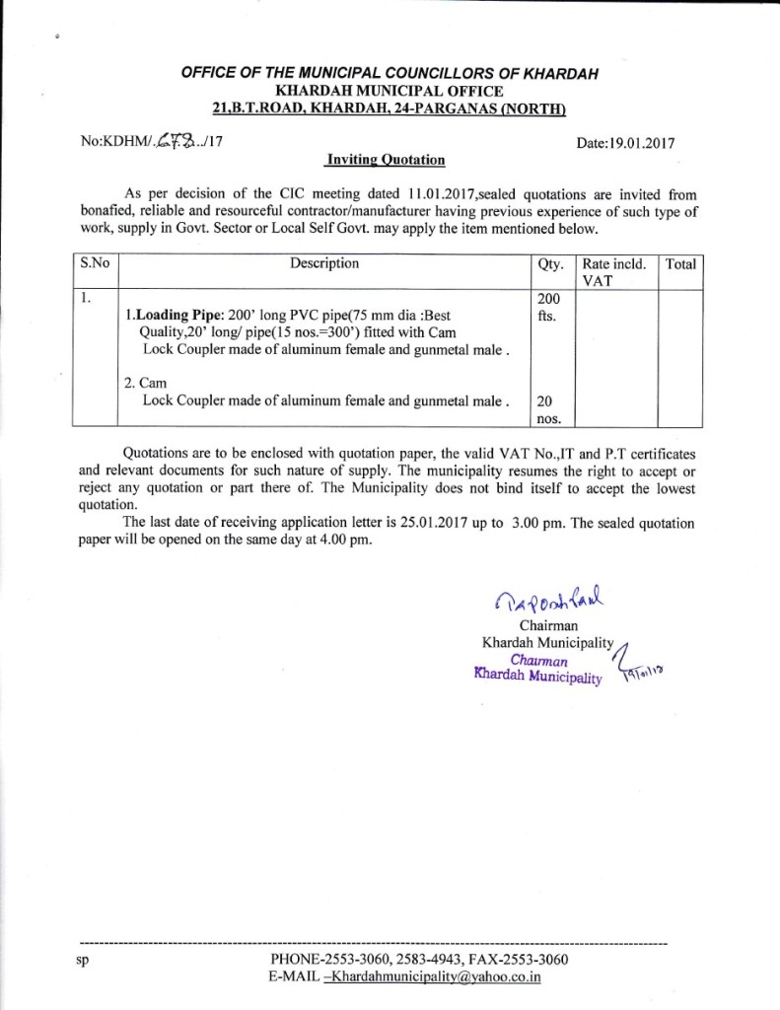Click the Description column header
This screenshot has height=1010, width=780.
tap(324, 263)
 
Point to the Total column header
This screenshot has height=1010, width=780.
tap(680, 264)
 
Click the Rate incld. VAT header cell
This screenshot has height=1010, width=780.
tap(613, 271)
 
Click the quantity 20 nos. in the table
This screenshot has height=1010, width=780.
tap(545, 409)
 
